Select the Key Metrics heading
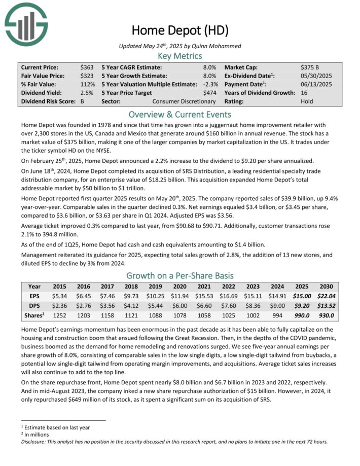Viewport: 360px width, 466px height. point(180,56)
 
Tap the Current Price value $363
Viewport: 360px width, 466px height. point(87,67)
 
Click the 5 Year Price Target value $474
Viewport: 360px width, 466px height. point(209,93)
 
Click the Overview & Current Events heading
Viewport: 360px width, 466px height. point(180,114)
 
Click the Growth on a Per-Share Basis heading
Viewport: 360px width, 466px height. point(180,276)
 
